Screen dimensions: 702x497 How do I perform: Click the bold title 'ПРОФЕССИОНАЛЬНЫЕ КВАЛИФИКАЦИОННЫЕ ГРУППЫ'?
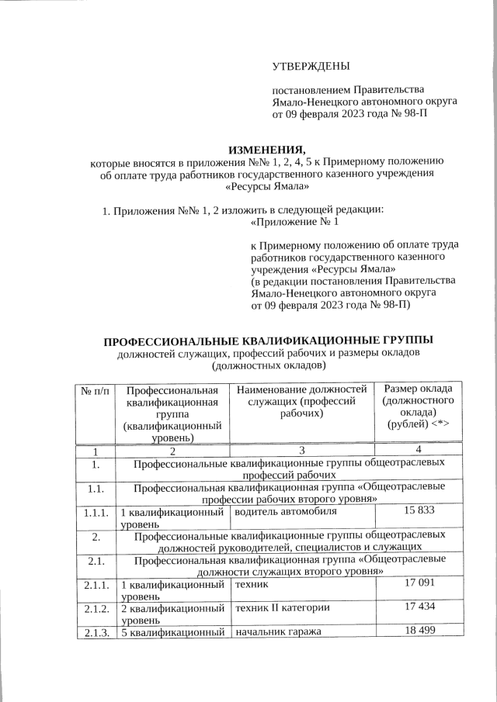(268, 341)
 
